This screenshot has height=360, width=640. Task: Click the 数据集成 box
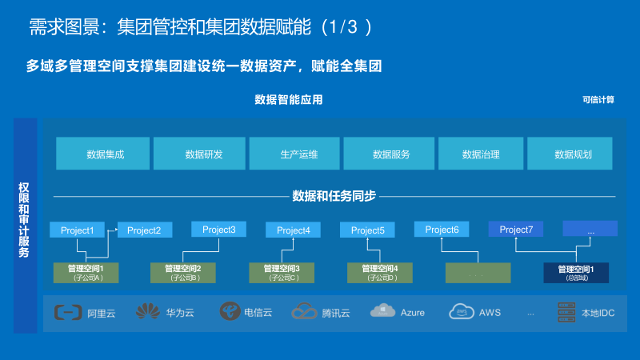tap(102, 154)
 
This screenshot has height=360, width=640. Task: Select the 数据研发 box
tap(200, 154)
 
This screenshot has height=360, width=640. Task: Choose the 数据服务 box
tap(390, 154)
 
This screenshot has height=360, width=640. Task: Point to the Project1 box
tap(77, 230)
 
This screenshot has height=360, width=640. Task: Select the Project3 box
tap(218, 230)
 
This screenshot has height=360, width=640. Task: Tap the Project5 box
tap(367, 230)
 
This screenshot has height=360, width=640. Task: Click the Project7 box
tap(516, 230)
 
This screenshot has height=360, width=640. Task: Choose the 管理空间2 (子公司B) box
tap(184, 272)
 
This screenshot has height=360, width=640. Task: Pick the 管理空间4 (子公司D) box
tap(380, 272)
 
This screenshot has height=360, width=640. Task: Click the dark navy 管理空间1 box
tap(576, 272)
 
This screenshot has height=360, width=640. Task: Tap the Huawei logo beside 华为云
tap(147, 311)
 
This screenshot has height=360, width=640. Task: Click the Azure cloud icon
tap(383, 311)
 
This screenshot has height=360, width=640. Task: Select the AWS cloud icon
tap(462, 311)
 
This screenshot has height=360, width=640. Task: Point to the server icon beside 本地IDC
tap(566, 311)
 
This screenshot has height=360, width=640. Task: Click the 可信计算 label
tap(598, 100)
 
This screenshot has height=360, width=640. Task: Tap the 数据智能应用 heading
tap(289, 100)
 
